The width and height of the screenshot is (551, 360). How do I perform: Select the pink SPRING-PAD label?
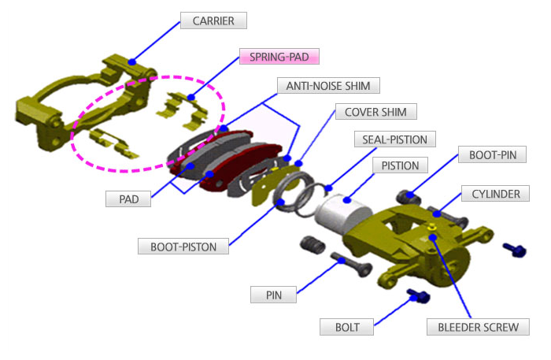(279, 57)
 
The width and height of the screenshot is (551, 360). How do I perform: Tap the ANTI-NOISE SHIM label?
(329, 85)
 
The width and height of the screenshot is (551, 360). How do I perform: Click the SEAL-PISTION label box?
(394, 139)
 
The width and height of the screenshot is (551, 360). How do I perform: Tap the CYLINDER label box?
(495, 193)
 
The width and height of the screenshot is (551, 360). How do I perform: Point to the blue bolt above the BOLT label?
(416, 296)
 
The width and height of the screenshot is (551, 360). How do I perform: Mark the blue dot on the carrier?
(132, 61)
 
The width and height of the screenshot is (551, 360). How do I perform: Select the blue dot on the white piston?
(346, 202)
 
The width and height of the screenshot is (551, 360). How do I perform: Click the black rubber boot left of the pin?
(312, 246)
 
